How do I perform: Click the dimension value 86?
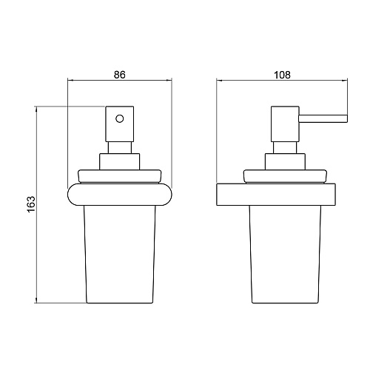pyautogui.click(x=120, y=75)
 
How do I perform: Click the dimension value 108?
pyautogui.click(x=283, y=75)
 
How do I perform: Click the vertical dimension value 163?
pyautogui.click(x=31, y=204)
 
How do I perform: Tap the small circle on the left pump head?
pyautogui.click(x=120, y=119)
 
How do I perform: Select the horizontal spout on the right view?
pyautogui.click(x=323, y=118)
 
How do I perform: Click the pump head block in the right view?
pyautogui.click(x=285, y=124)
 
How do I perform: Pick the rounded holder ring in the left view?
pyautogui.click(x=120, y=195)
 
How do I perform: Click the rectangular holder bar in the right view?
pyautogui.click(x=276, y=195)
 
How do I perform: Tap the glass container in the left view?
pyautogui.click(x=120, y=255)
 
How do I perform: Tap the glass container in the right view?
pyautogui.click(x=286, y=255)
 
